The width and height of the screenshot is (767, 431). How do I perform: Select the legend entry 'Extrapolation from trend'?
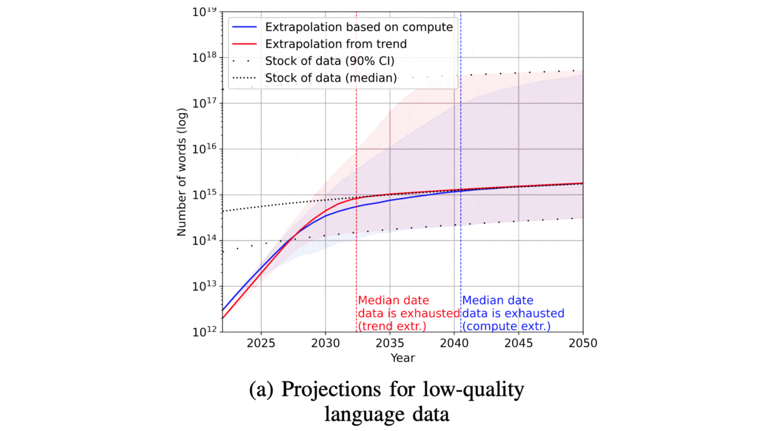click(x=336, y=44)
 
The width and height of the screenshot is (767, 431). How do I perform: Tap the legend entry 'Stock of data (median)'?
click(x=330, y=78)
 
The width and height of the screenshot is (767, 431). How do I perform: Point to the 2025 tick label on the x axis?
click(x=261, y=344)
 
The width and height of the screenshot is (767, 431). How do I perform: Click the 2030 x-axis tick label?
click(x=325, y=344)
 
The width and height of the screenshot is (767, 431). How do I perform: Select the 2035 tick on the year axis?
click(x=390, y=344)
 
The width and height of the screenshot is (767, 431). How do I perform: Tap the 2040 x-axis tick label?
click(x=454, y=344)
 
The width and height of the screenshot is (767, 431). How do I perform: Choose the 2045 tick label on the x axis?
click(x=518, y=344)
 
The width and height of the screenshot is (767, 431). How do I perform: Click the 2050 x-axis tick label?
click(x=582, y=344)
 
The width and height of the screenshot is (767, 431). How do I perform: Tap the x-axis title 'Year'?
click(x=403, y=358)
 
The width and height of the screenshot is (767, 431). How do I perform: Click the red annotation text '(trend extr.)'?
click(x=392, y=326)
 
